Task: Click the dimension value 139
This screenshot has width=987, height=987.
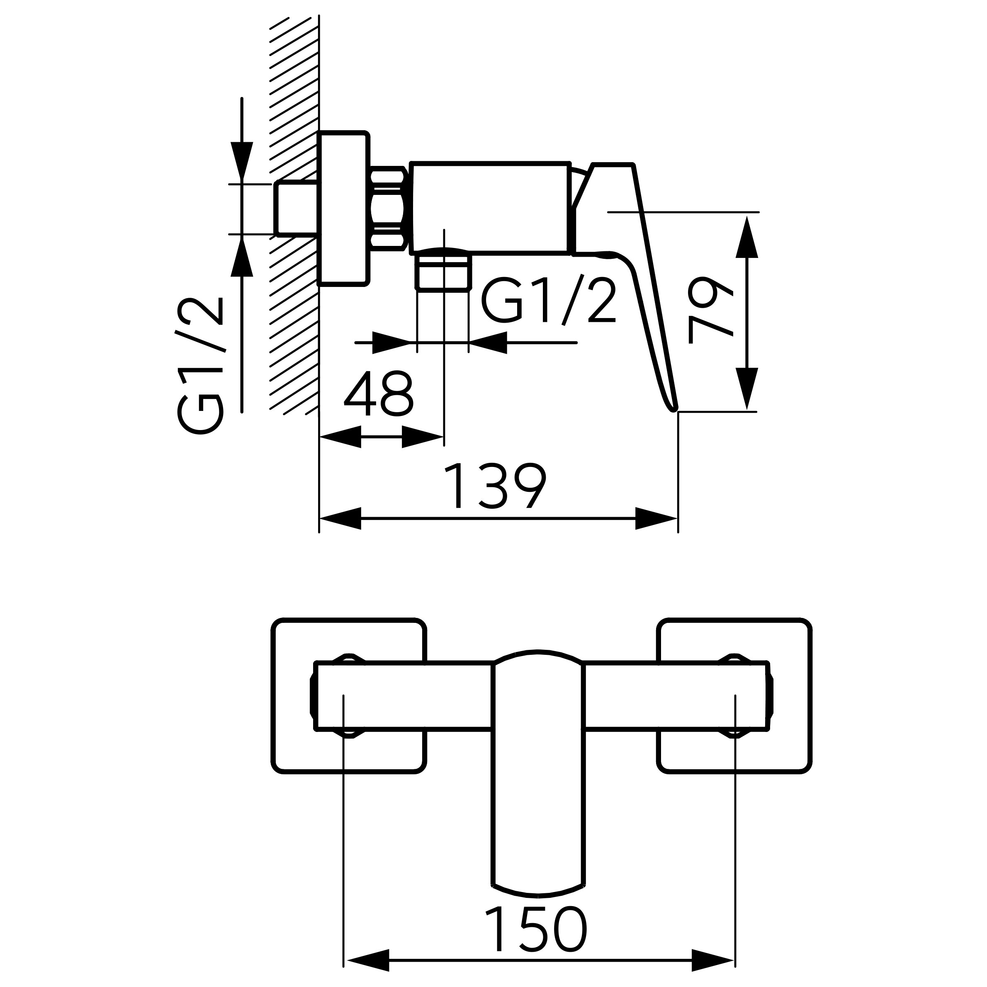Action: pyautogui.click(x=495, y=486)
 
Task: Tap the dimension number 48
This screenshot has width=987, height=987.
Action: pyautogui.click(x=379, y=394)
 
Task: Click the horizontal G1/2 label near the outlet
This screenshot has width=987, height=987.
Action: pyautogui.click(x=549, y=301)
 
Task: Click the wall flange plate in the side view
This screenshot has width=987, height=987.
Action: pyautogui.click(x=343, y=209)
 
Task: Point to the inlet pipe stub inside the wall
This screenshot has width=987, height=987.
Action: pyautogui.click(x=296, y=209)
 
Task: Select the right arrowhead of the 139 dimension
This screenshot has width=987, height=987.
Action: pyautogui.click(x=656, y=518)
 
